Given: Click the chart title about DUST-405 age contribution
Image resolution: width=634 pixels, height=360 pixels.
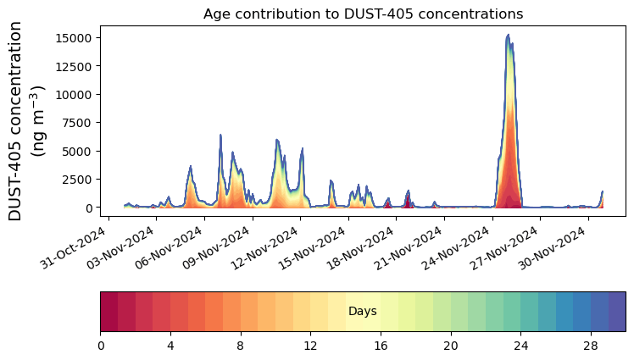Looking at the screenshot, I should point(363,14).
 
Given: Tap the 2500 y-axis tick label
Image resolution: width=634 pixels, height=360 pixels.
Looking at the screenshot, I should point(77,179).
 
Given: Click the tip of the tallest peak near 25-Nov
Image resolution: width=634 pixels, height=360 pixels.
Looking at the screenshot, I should point(508,35).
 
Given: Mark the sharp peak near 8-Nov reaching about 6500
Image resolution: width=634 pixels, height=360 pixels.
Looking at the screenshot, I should point(220,135).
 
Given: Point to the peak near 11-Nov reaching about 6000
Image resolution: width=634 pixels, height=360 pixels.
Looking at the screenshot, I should point(277,140).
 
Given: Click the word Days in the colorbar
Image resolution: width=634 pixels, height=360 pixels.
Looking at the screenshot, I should point(363,312).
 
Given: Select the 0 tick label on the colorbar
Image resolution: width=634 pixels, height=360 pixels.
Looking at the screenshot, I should point(101,346).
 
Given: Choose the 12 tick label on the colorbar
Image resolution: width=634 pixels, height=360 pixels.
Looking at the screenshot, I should point(310,346).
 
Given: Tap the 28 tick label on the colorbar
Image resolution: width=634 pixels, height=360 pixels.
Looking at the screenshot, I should point(591,346).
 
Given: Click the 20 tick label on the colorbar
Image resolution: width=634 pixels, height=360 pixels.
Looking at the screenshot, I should point(450,346).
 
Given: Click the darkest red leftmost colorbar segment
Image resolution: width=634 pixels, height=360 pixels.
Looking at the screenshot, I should point(109,312).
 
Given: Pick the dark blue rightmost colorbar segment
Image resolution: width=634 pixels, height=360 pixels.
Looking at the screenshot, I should point(617,312).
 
